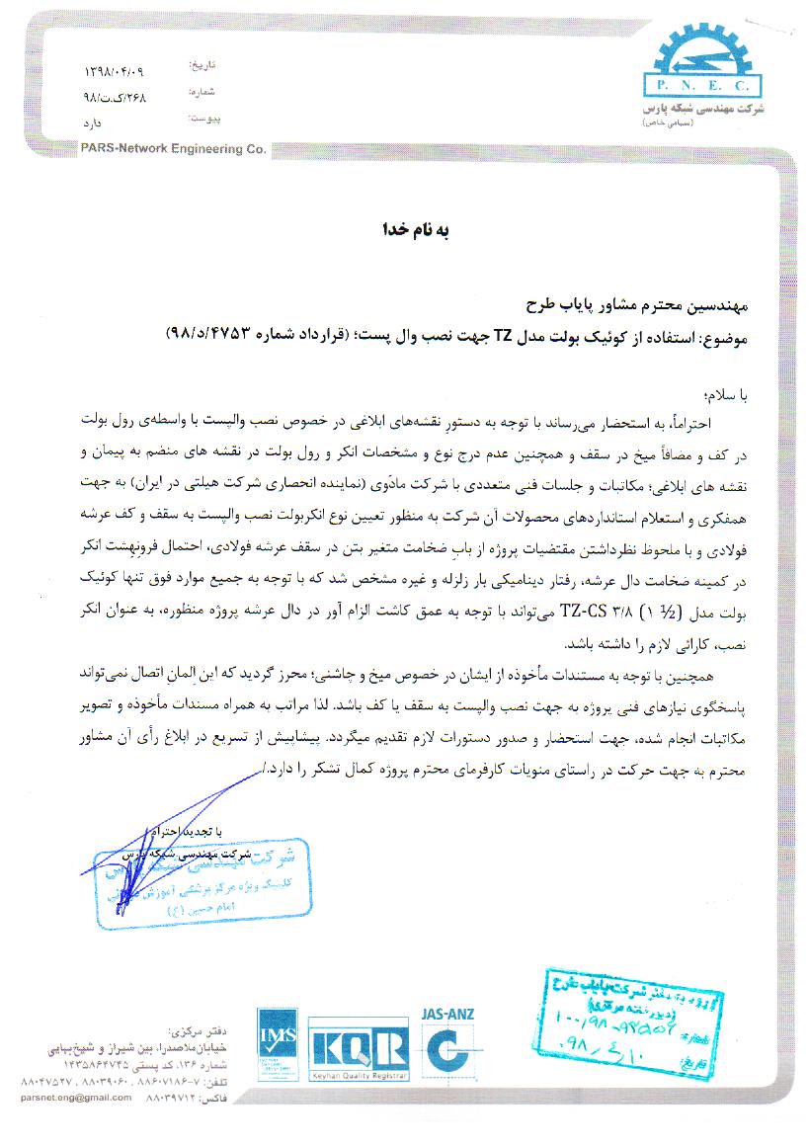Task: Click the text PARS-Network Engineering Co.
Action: point(176,149)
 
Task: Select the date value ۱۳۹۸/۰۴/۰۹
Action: point(116,73)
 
